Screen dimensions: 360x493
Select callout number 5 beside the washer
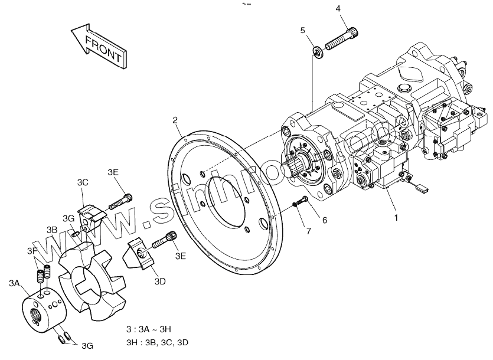302,30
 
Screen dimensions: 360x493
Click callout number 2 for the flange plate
175,120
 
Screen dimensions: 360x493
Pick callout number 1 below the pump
396,217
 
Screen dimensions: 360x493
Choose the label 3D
159,282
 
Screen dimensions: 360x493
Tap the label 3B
52,229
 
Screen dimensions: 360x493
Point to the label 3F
31,252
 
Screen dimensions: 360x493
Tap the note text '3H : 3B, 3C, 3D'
156,343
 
